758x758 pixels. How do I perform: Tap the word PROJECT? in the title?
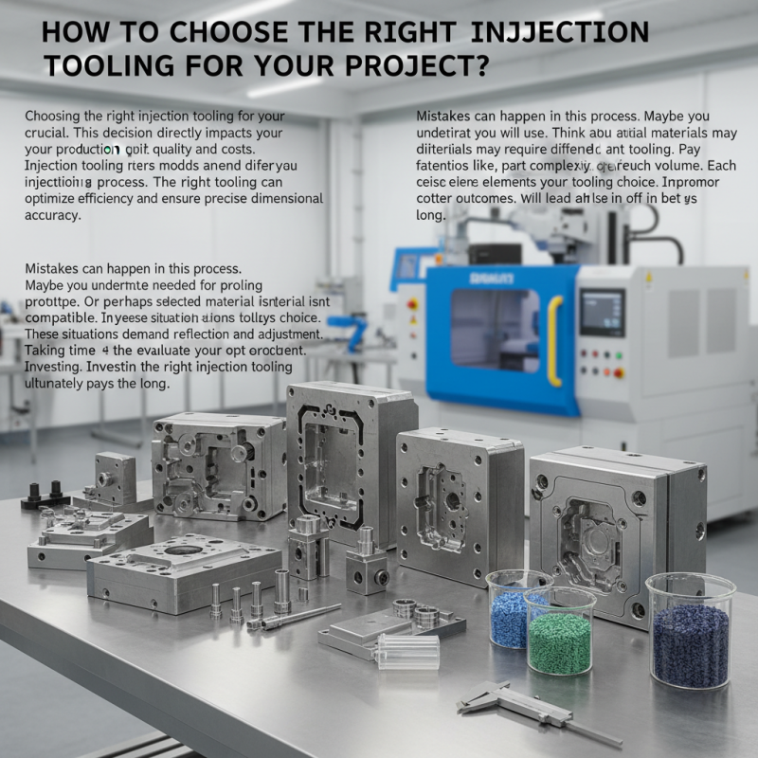pos(416,67)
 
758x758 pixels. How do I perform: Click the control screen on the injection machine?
pos(602,313)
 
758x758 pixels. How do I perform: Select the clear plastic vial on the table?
pos(407,651)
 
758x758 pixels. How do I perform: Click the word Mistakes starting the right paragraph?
pos(444,115)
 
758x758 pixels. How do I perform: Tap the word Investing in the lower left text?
pos(50,367)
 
